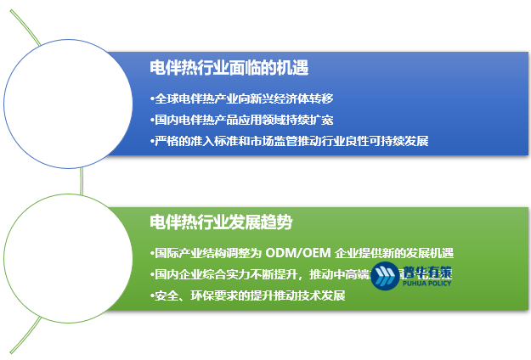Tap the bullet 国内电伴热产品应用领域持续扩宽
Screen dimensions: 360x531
(240, 120)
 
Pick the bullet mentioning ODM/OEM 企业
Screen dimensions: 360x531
(302, 253)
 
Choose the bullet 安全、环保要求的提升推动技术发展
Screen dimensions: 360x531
(247, 295)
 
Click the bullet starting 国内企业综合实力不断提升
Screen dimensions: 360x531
(255, 274)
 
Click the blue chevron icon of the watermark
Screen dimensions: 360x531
(385, 276)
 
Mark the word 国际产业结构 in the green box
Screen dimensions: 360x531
(186, 253)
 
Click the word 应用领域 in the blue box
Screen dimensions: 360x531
(260, 120)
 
